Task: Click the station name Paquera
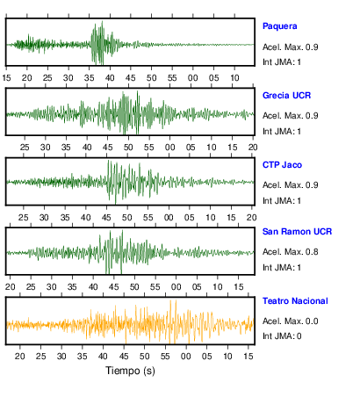[x=279, y=26]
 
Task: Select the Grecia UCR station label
[x=286, y=96]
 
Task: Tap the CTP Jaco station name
[x=282, y=165]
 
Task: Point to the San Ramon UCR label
[x=297, y=232]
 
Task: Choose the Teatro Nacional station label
[x=295, y=301]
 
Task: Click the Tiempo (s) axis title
[x=130, y=371]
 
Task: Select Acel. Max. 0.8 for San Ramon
[x=290, y=252]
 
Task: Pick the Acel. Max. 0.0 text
[x=290, y=321]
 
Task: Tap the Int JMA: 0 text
[x=282, y=336]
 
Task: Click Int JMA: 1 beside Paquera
[x=282, y=62]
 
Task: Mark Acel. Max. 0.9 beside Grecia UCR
[x=290, y=116]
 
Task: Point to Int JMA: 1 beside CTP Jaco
[x=282, y=201]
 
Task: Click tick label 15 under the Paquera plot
[x=6, y=78]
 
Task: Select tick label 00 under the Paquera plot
[x=193, y=78]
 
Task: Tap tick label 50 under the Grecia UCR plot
[x=128, y=148]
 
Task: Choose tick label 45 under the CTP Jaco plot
[x=106, y=218]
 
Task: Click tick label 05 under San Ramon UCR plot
[x=197, y=287]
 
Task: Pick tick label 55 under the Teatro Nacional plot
[x=165, y=357]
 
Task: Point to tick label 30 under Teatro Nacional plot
[x=61, y=357]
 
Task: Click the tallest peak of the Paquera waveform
[x=102, y=21]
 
